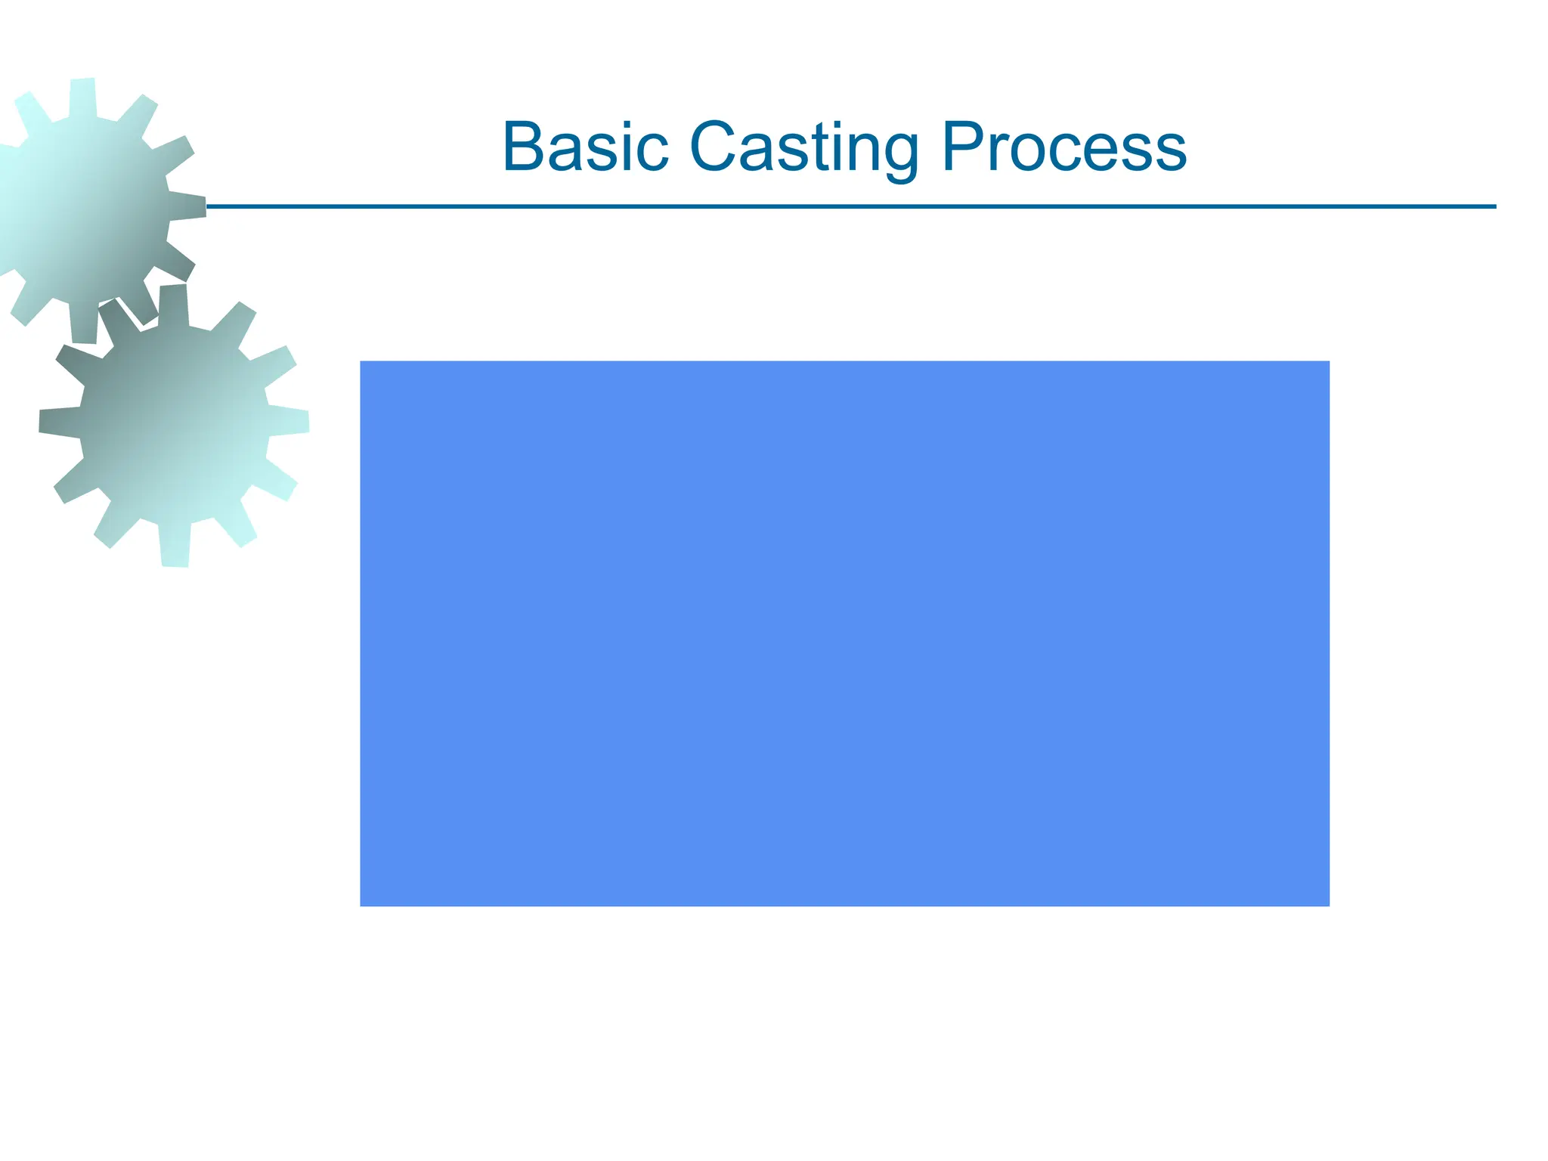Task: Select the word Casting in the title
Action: click(x=804, y=147)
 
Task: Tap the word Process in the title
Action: click(x=1064, y=147)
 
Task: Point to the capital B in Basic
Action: click(x=525, y=147)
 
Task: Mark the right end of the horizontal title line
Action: click(x=1495, y=206)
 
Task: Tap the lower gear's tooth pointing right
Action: click(x=291, y=422)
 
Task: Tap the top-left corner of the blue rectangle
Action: click(x=361, y=362)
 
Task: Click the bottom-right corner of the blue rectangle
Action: click(x=1328, y=905)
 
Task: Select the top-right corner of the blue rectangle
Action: click(x=1328, y=362)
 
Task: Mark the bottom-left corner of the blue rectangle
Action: click(x=361, y=905)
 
